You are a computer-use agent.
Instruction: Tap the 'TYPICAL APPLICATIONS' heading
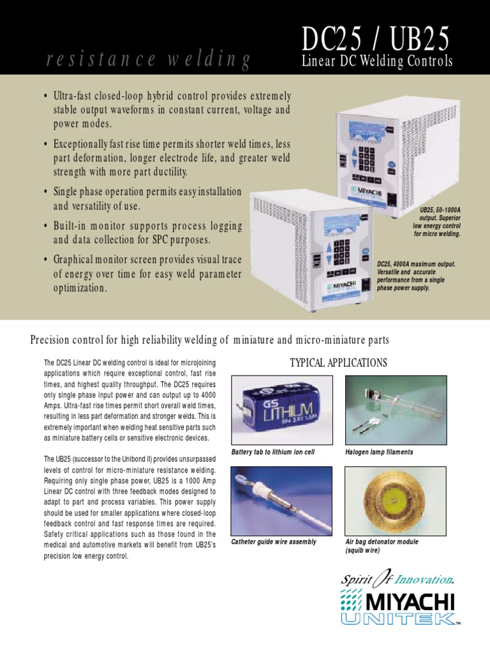(x=338, y=363)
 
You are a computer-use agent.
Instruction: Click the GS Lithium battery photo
(x=281, y=411)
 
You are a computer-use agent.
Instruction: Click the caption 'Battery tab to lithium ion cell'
(x=273, y=452)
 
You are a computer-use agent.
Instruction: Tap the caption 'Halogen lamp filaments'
(x=379, y=452)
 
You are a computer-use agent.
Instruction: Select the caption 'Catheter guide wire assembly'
(x=274, y=542)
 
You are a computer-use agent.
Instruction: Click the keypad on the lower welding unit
(x=343, y=249)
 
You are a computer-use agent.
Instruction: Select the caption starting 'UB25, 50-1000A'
(x=436, y=221)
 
